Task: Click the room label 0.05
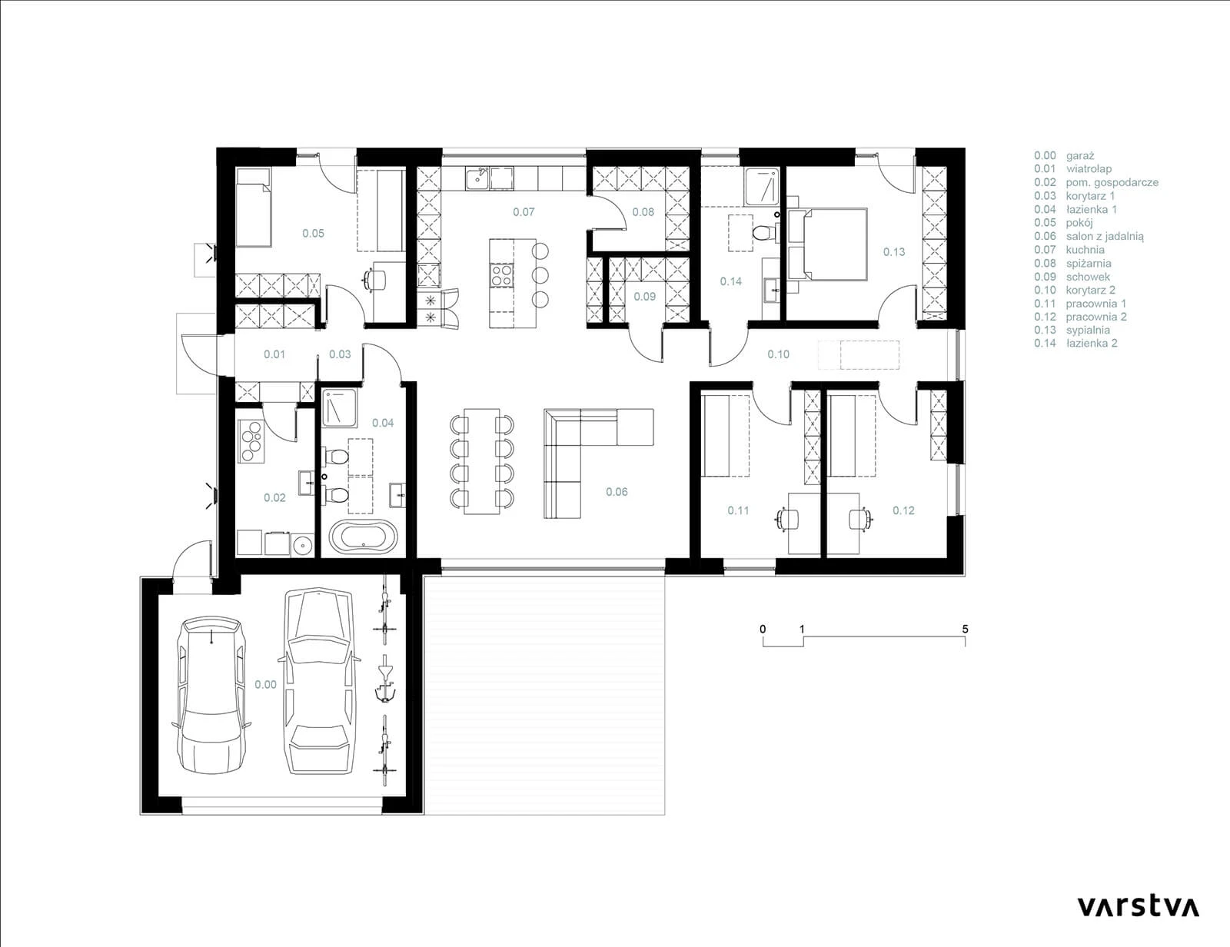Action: click(313, 233)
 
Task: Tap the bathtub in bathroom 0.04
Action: click(364, 536)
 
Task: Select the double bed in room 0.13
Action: click(827, 244)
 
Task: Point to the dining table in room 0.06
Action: click(482, 462)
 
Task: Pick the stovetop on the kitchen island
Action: click(501, 277)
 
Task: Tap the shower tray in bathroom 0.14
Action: click(762, 186)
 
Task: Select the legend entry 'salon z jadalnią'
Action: click(1105, 237)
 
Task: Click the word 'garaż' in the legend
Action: click(1080, 155)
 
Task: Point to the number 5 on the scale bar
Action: click(965, 629)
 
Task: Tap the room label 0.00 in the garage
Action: click(265, 685)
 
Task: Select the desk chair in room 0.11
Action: click(788, 519)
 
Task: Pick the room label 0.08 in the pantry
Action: click(643, 212)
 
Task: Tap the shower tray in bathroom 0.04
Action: click(340, 408)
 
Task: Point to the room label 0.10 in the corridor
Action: click(778, 354)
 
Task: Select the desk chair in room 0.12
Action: click(859, 519)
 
